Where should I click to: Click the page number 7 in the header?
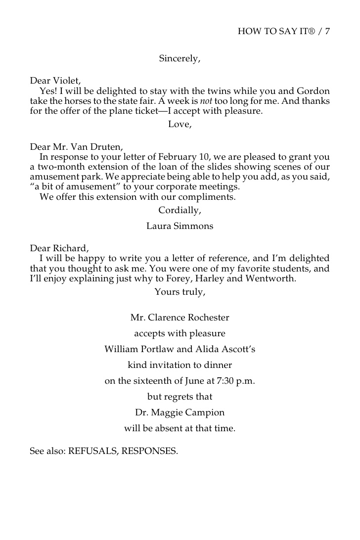pos(327,32)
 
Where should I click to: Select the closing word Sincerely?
pos(180,58)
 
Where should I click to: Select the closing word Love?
pos(180,124)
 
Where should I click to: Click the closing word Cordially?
pos(180,210)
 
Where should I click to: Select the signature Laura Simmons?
pos(180,226)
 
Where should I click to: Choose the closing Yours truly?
pos(180,292)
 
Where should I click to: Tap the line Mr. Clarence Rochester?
pos(180,317)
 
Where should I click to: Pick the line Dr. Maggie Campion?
pos(180,412)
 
